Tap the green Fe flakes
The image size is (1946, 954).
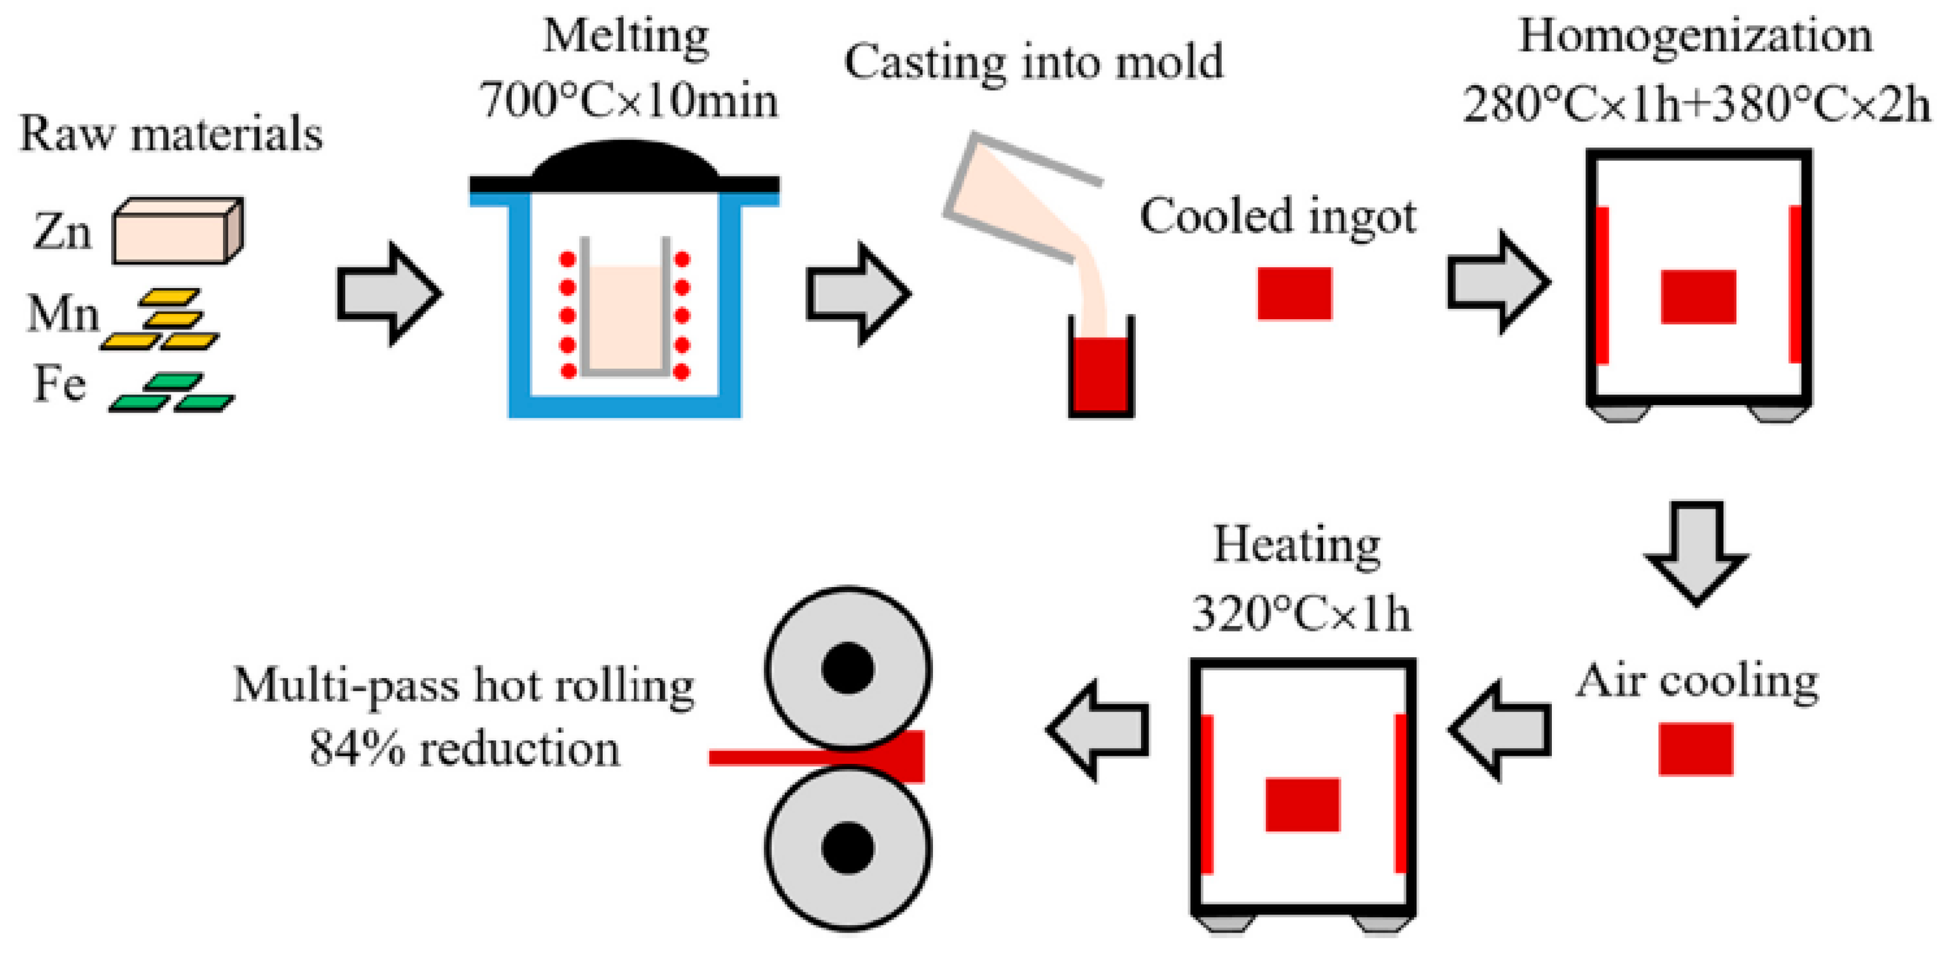(172, 393)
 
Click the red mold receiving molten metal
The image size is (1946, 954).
(1101, 373)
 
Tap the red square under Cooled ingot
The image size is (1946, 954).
(1294, 293)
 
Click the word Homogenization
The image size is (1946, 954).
(1695, 36)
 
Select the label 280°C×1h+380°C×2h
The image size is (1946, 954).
(1695, 104)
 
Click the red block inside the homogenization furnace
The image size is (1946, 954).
(1698, 297)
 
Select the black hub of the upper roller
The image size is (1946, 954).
(848, 668)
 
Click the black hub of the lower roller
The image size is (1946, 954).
(848, 847)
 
